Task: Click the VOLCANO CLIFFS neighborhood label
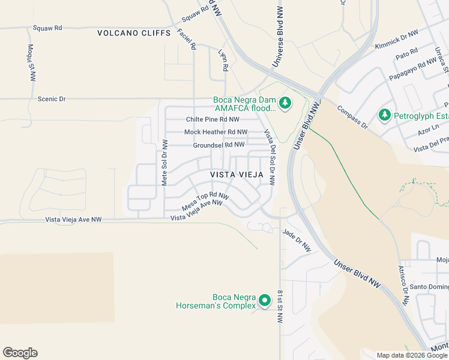pyautogui.click(x=134, y=33)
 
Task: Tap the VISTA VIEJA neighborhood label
pyautogui.click(x=237, y=175)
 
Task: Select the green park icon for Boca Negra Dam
pyautogui.click(x=285, y=104)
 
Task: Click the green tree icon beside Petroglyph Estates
pyautogui.click(x=384, y=114)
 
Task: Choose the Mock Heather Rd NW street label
pyautogui.click(x=215, y=132)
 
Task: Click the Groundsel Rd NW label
pyautogui.click(x=218, y=145)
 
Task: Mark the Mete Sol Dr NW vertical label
pyautogui.click(x=164, y=162)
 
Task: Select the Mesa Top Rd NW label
pyautogui.click(x=205, y=201)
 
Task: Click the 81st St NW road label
pyautogui.click(x=280, y=307)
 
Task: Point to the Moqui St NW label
pyautogui.click(x=32, y=62)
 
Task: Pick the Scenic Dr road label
pyautogui.click(x=52, y=98)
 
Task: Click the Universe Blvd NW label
pyautogui.click(x=278, y=37)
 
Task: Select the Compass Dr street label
pyautogui.click(x=352, y=118)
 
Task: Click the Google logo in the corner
pyautogui.click(x=20, y=353)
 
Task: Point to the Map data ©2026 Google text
pyautogui.click(x=411, y=355)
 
